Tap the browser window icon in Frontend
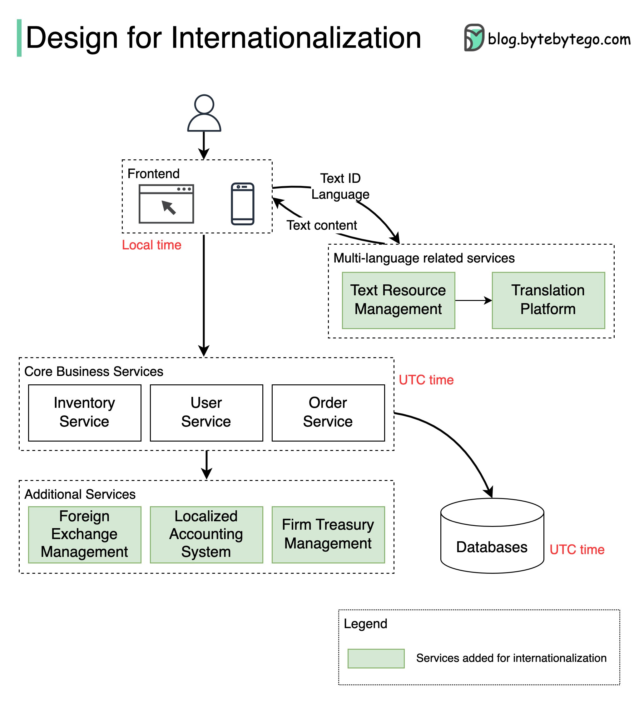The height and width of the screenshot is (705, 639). [x=166, y=204]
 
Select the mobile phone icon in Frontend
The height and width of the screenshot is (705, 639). [x=242, y=204]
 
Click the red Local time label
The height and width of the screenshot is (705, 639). [x=151, y=245]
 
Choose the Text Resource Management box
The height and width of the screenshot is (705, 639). [x=398, y=300]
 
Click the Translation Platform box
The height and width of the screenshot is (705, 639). [x=548, y=300]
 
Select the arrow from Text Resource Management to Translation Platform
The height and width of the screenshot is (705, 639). [x=473, y=300]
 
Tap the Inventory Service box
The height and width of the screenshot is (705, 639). [x=84, y=412]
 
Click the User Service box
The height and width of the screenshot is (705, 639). [x=206, y=412]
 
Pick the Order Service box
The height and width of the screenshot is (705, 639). [x=328, y=412]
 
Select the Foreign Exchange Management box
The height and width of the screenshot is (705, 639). [x=84, y=534]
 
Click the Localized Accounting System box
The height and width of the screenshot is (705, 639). [x=206, y=534]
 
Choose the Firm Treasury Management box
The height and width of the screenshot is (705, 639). [x=328, y=534]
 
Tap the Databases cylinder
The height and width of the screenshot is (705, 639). [x=492, y=538]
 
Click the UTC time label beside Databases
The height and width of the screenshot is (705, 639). [x=577, y=550]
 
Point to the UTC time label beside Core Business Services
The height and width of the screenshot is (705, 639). [x=426, y=380]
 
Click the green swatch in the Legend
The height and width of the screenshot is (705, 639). [x=376, y=658]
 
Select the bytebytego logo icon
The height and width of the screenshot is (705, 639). [x=474, y=37]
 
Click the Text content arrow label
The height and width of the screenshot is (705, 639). [x=322, y=226]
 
